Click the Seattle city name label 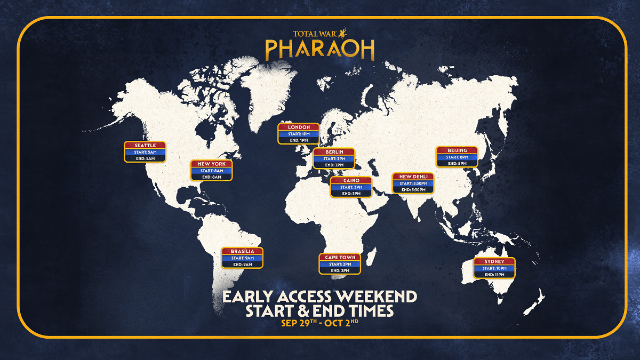click(145, 146)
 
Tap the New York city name click(212, 164)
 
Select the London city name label click(299, 127)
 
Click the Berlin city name click(334, 152)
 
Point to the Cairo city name click(351, 181)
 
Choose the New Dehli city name click(413, 177)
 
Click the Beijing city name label click(457, 150)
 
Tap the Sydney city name click(495, 262)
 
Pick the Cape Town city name click(340, 258)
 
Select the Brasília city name click(242, 251)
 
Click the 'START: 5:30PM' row click(413, 183)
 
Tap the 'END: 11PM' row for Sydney click(495, 275)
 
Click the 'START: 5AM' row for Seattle click(145, 152)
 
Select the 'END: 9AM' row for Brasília click(242, 264)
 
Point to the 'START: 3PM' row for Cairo click(351, 187)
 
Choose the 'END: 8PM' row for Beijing click(457, 163)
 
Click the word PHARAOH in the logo click(320, 50)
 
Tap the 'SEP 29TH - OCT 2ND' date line click(320, 323)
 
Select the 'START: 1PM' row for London click(299, 134)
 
